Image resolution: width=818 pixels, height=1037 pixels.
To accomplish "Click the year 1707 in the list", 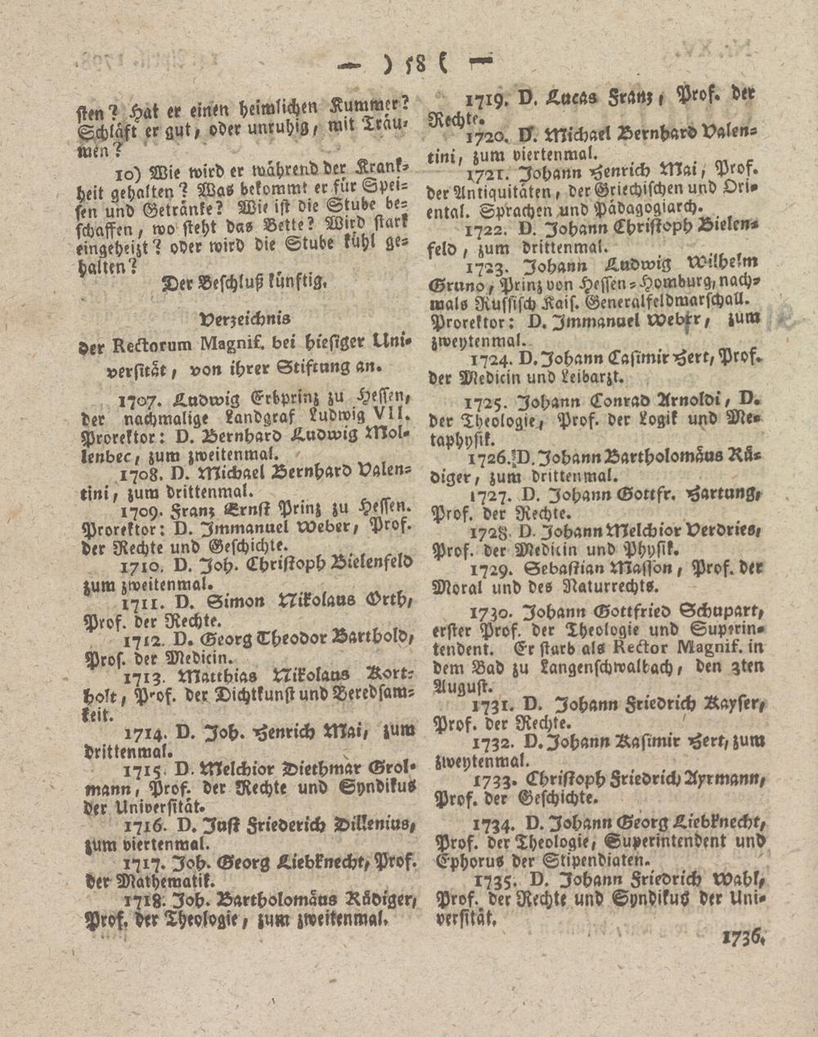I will tap(135, 400).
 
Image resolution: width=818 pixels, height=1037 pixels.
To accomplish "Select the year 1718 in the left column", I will tap(143, 899).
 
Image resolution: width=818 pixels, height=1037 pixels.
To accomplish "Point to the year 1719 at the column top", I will tap(488, 101).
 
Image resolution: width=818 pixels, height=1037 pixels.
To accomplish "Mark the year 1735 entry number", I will tap(492, 882).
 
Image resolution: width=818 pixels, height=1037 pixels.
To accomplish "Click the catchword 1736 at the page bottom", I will tap(742, 937).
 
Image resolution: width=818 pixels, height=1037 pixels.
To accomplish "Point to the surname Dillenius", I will tap(373, 824).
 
